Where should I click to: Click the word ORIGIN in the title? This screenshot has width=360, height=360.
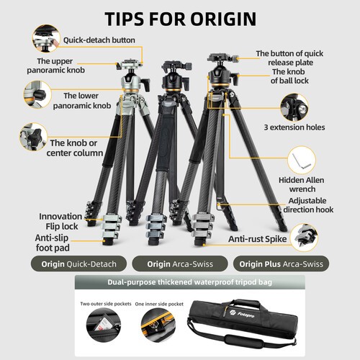click(223, 19)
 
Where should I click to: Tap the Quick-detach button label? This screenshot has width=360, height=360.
click(99, 40)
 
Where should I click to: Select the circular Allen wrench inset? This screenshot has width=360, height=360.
click(302, 160)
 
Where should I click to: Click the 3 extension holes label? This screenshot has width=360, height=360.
click(294, 127)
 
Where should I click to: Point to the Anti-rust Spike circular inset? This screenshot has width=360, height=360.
click(304, 238)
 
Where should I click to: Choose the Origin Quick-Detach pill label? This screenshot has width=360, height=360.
click(78, 264)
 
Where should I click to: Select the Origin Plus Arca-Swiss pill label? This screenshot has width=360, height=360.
click(281, 264)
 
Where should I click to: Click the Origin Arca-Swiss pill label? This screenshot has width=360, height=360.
click(180, 264)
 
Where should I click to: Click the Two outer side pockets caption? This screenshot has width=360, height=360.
click(106, 304)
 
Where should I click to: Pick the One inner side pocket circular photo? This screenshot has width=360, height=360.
click(158, 325)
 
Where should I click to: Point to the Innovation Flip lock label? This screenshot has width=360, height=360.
click(60, 221)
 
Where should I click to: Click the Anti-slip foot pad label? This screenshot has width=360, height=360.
click(53, 243)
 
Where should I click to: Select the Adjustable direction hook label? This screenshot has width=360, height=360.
click(308, 205)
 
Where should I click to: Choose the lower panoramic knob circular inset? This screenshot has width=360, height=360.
click(37, 94)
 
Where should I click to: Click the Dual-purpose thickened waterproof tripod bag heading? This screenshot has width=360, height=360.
click(190, 282)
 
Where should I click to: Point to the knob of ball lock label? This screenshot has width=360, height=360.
click(289, 76)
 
